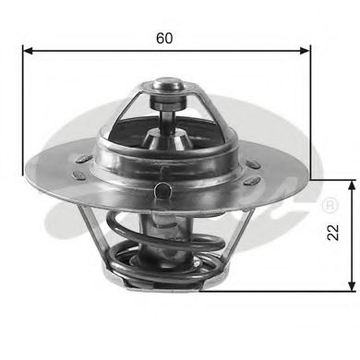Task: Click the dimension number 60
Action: point(165,38)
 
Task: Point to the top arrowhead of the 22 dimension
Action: point(349,185)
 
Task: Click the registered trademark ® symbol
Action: point(329,202)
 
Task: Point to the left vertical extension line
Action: point(22,111)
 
